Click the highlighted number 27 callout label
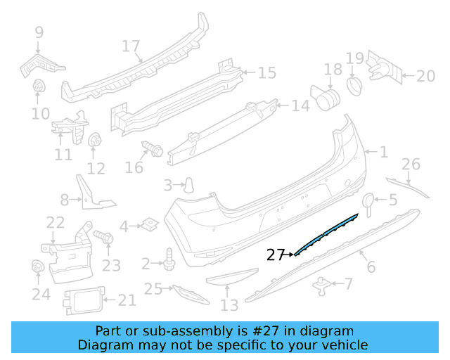coord(275,255)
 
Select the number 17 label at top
coord(131,46)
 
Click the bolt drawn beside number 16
coord(151,149)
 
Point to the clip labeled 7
coord(322,284)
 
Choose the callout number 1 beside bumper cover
coord(383,151)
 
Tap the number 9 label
coord(39,32)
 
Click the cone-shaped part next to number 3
coord(189,186)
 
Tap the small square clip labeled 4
coord(148,225)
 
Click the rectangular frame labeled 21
coord(82,302)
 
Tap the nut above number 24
coord(38,267)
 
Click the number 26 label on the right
coord(411,165)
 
